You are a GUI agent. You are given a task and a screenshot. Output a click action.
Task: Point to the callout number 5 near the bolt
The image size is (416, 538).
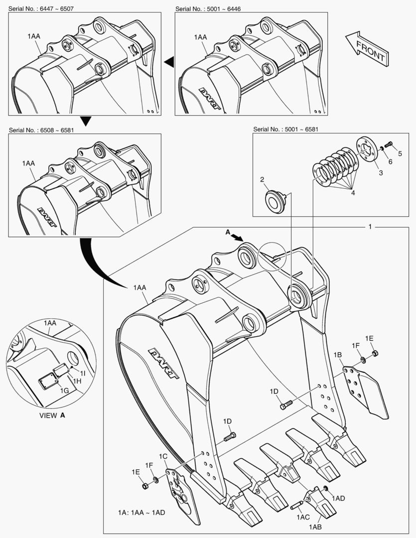click(x=400, y=153)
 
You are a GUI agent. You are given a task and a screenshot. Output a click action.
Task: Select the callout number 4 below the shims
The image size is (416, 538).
click(x=352, y=192)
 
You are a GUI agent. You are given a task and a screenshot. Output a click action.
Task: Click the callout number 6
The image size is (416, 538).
click(x=390, y=162)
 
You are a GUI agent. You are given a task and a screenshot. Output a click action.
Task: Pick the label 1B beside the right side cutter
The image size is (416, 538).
click(x=337, y=355)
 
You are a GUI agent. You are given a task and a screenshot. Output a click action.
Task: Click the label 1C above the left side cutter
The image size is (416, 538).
click(x=163, y=456)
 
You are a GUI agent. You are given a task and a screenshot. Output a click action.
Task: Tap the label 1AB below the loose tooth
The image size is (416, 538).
click(x=315, y=527)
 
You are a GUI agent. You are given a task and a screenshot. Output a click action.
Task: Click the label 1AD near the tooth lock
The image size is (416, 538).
click(x=338, y=498)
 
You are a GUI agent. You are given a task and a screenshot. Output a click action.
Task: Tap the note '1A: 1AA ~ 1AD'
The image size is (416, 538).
click(x=141, y=513)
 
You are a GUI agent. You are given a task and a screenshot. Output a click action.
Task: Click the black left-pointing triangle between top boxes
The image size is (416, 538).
click(x=169, y=61)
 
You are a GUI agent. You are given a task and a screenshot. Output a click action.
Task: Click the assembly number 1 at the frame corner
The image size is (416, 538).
click(x=370, y=227)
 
